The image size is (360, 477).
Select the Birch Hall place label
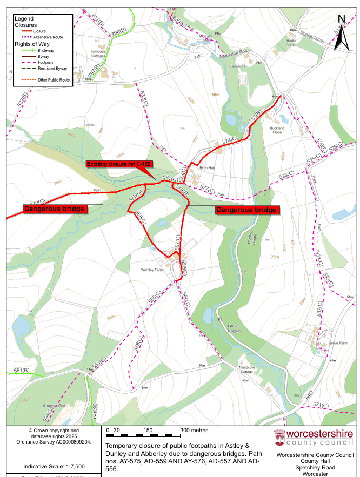(208, 168)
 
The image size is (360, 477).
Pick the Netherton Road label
(236, 52)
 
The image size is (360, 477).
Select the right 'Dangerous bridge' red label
(246, 210)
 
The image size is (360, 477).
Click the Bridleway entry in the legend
(45, 50)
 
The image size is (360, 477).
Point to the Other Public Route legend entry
(54, 80)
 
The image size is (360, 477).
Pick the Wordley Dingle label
(250, 236)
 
